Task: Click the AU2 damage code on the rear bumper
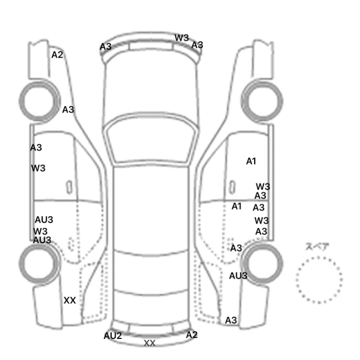point(113,336)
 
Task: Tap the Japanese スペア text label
point(314,247)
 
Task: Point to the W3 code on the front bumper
point(182,38)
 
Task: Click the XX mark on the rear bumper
point(150,344)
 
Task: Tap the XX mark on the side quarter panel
point(70,300)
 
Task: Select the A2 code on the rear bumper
point(191,335)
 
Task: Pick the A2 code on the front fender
point(57,55)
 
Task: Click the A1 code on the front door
point(251,161)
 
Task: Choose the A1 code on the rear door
point(237,206)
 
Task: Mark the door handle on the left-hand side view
point(69,187)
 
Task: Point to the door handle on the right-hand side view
point(232,187)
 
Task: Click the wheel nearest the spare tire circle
point(262,263)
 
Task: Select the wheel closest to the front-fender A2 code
point(39,101)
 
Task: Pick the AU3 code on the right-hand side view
point(238,276)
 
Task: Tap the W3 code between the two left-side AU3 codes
point(40,231)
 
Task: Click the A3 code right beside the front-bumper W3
point(197,45)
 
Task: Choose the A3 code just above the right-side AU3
point(236,248)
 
